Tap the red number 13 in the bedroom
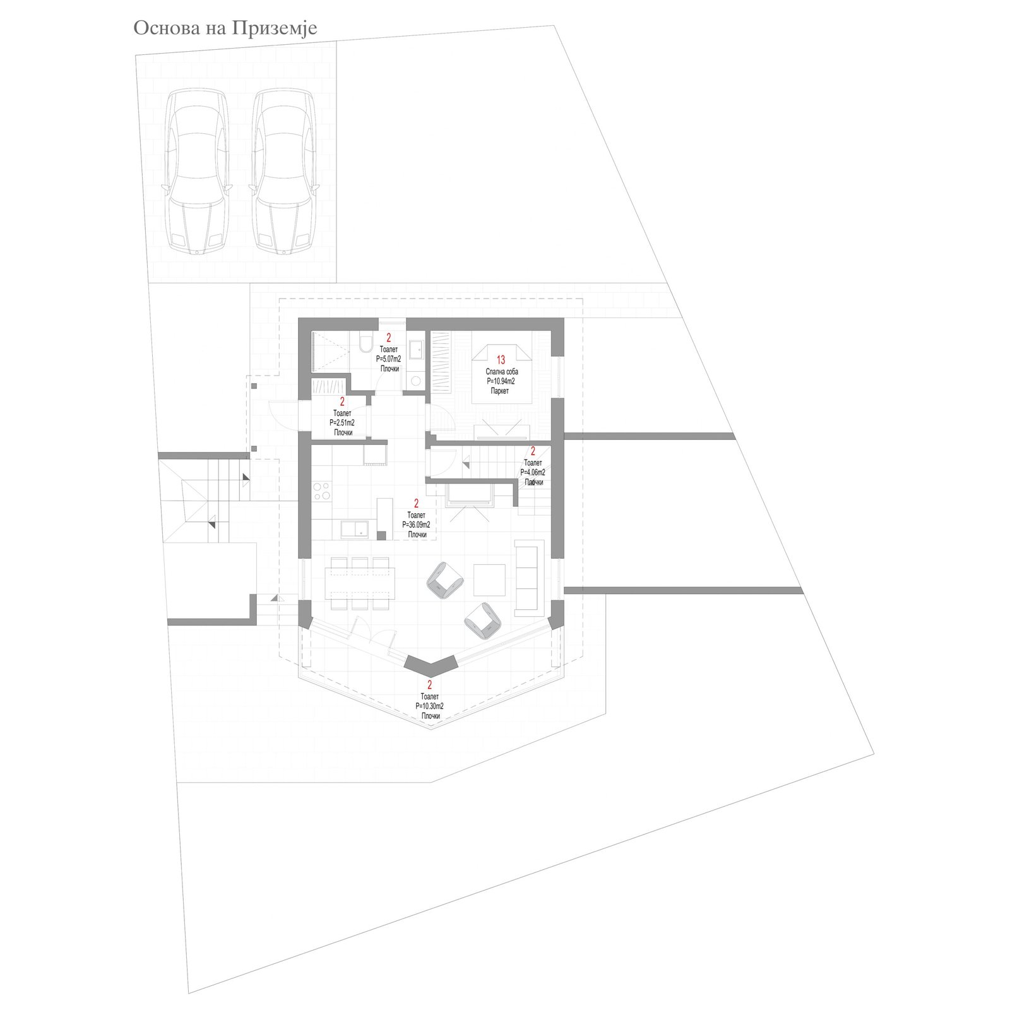501,360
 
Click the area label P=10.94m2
501,382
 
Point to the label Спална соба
501,372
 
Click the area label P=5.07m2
388,359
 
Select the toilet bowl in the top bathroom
365,343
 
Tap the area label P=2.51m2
342,423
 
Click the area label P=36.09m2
416,525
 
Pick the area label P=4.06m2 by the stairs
533,472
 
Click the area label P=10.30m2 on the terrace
429,706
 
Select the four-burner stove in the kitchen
322,491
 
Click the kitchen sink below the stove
355,529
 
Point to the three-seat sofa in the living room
529,578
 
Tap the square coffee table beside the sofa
489,580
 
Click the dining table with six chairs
360,583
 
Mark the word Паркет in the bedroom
500,391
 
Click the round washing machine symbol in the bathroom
415,381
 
